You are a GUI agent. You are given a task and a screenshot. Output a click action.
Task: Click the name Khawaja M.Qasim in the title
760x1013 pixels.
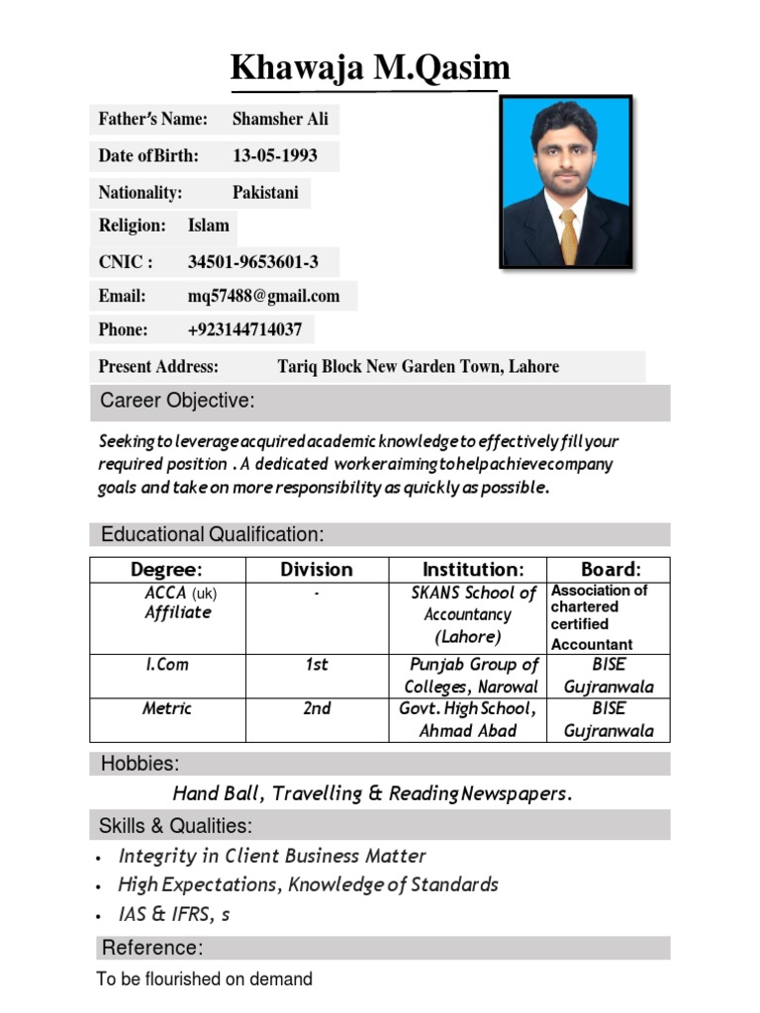370,68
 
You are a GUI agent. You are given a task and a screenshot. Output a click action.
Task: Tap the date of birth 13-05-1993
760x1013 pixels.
274,156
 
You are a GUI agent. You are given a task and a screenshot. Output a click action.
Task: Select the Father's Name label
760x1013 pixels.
153,120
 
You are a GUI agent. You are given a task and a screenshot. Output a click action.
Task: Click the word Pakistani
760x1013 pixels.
264,193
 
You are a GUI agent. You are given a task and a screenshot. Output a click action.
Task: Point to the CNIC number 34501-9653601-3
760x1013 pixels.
252,262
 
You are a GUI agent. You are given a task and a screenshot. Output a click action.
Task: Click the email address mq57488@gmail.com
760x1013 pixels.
263,296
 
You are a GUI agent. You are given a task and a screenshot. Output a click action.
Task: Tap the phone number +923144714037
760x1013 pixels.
244,329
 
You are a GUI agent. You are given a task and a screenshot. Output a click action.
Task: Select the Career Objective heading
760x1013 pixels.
177,401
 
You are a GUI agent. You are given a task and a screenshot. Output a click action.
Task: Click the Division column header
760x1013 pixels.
316,570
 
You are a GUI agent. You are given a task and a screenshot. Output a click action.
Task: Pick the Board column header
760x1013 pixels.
610,570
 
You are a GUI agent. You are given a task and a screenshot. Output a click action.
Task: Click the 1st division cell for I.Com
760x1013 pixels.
316,665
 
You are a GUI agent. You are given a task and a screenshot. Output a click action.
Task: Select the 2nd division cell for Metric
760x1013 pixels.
316,708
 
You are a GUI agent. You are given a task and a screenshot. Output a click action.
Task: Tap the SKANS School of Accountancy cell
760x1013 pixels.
473,614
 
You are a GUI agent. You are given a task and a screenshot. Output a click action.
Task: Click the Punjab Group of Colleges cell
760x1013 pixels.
473,676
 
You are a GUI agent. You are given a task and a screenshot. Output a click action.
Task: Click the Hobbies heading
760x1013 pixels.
139,764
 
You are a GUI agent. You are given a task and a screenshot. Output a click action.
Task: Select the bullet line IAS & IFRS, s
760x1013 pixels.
174,914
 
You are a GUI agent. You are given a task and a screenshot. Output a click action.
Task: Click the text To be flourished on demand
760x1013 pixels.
204,979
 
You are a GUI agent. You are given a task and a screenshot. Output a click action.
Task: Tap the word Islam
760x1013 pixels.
208,226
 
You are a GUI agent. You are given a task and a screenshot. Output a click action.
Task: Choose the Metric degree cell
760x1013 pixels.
167,708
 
